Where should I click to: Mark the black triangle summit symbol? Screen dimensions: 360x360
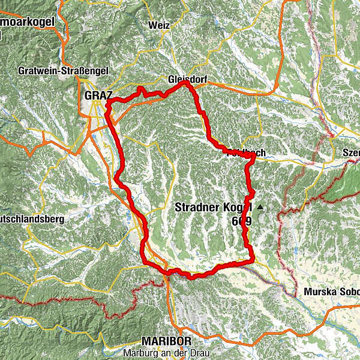[260, 208]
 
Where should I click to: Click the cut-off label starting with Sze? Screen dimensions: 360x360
[351, 152]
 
